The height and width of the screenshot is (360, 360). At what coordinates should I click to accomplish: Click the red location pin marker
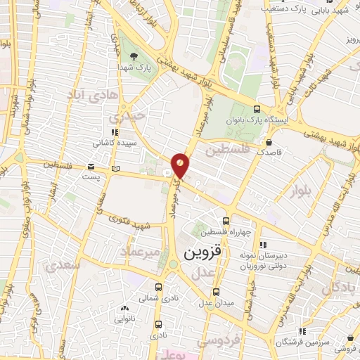click(181, 165)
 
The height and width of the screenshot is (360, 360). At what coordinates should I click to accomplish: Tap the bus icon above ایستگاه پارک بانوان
click(257, 109)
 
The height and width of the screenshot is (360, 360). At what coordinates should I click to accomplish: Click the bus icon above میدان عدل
click(217, 291)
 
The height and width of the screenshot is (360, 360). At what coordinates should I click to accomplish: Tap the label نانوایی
click(124, 319)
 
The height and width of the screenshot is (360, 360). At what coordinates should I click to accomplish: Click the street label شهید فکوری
click(131, 224)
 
